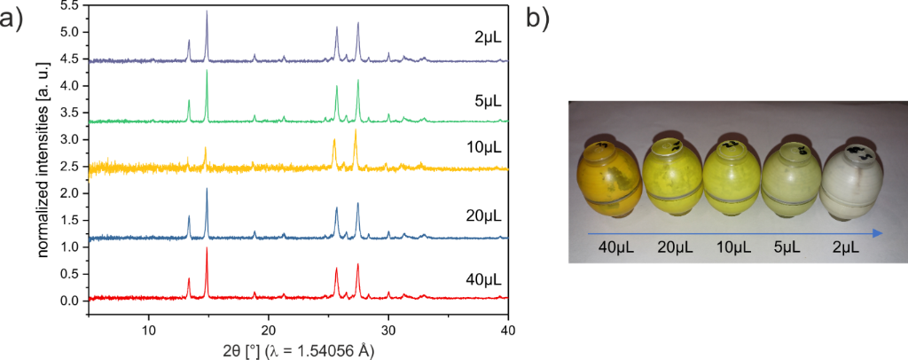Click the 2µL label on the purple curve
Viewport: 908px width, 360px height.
coord(487,39)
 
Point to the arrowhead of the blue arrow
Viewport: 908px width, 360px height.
coord(878,233)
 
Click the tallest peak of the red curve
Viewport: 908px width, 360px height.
coord(207,250)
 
